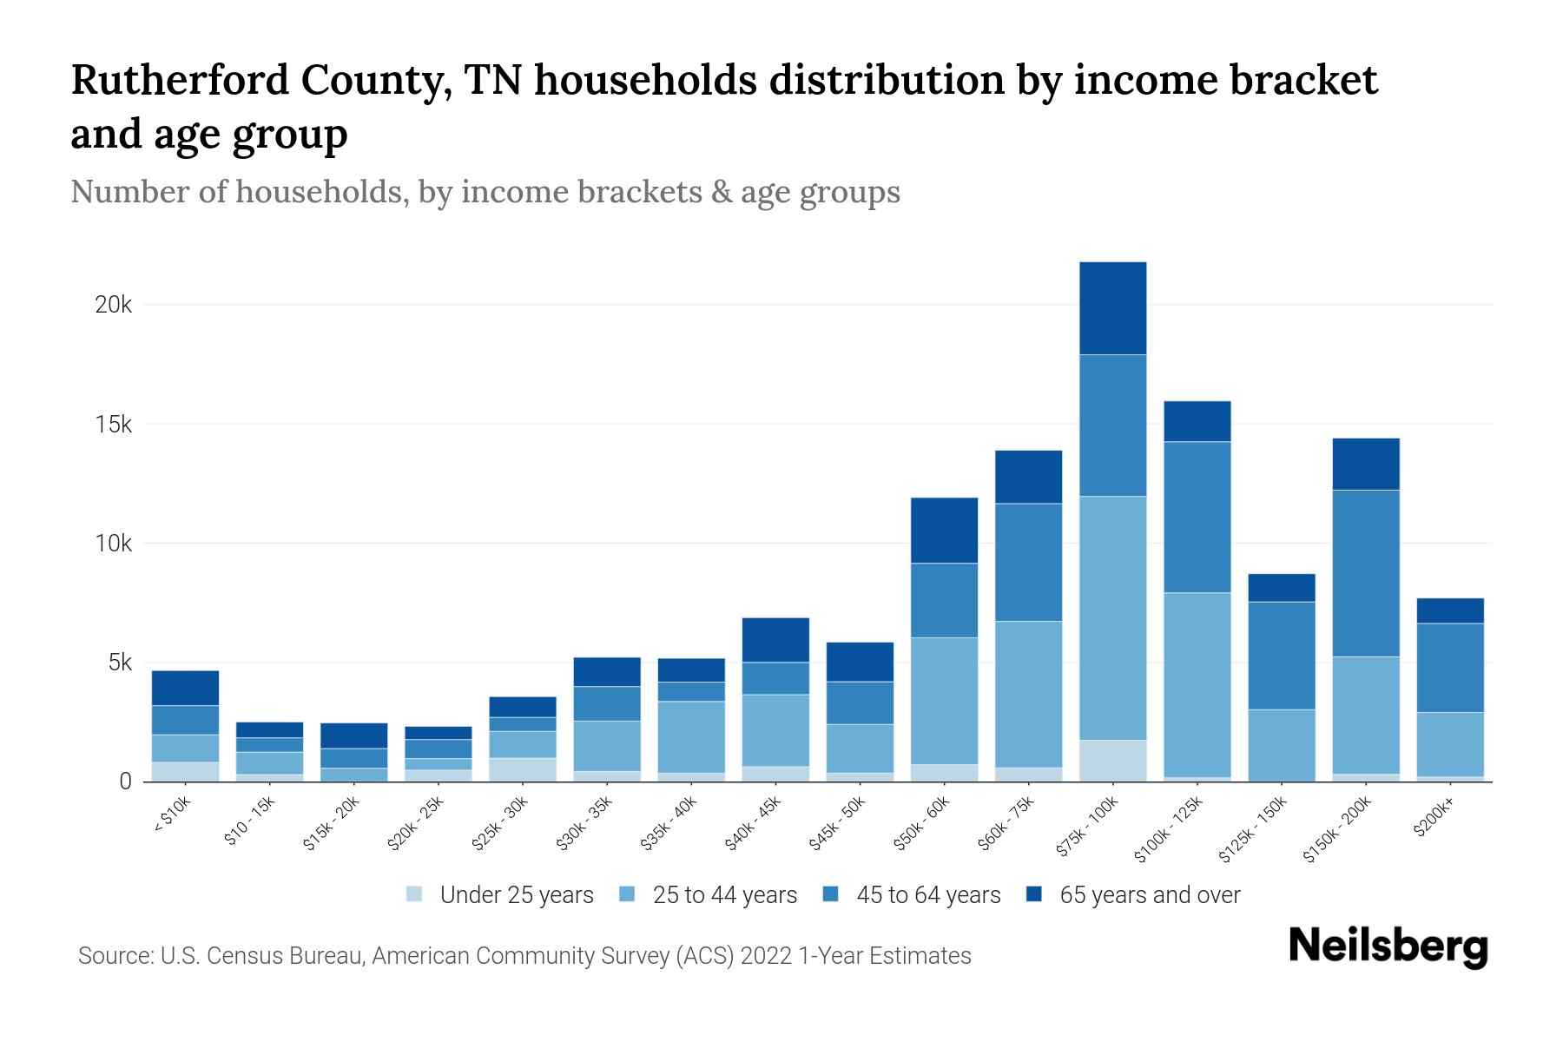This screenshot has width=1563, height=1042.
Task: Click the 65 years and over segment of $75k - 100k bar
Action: pos(1112,308)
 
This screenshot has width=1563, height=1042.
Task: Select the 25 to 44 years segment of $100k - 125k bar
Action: pos(1197,684)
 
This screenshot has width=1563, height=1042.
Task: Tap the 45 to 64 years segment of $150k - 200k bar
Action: pos(1366,573)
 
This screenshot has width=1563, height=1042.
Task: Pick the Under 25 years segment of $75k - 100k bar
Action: pos(1112,761)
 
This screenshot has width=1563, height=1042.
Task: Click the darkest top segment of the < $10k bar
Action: pos(185,688)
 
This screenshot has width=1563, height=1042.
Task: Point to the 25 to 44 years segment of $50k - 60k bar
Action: pos(944,701)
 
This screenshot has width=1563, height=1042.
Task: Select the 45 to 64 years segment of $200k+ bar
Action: pos(1450,668)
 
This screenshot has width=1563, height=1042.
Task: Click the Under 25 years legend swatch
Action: pos(415,894)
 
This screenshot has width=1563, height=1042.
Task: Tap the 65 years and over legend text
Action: pos(1150,895)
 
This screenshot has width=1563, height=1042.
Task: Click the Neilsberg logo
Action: pos(1388,947)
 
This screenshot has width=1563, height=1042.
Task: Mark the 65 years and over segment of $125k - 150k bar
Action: pos(1281,588)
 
